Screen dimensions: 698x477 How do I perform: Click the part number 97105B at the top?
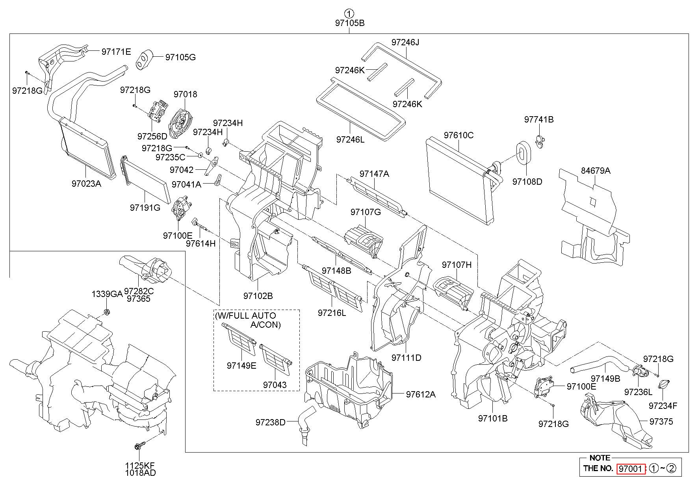[349, 23]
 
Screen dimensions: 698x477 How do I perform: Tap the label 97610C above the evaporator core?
[459, 135]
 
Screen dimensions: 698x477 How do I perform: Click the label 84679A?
[596, 171]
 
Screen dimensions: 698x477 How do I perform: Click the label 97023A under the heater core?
[86, 183]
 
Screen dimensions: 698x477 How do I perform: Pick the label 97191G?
[145, 207]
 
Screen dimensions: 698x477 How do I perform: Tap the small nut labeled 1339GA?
[106, 313]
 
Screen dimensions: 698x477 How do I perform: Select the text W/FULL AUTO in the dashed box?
[245, 316]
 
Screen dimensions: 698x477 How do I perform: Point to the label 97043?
[275, 385]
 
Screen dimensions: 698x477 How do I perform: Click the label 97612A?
[421, 394]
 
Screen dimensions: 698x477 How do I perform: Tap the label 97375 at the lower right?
[661, 421]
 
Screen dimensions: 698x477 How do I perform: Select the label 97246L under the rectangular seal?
[351, 139]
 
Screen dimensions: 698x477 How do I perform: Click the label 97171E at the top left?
[116, 52]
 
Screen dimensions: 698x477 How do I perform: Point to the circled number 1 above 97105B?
[349, 12]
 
